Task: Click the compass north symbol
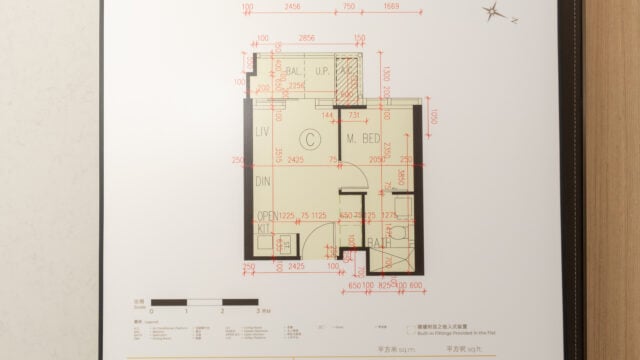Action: coord(493,13)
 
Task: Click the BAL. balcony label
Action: coord(293,72)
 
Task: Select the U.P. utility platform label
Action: coord(323,72)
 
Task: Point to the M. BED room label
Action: coord(363,139)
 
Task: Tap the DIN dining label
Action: coord(264,182)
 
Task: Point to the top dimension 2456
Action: coord(293,6)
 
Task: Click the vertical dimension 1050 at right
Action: coord(433,117)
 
